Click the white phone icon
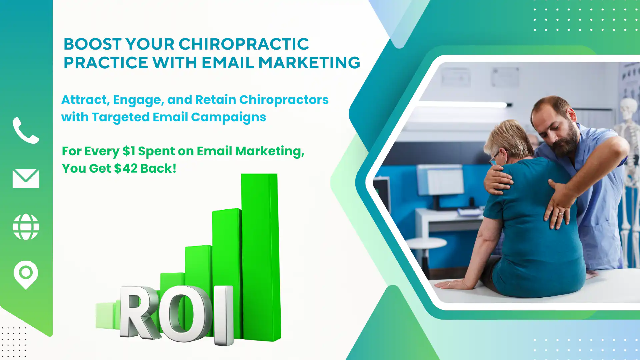[x=26, y=130]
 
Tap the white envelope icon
[x=26, y=179]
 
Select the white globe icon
[x=26, y=227]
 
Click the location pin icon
[x=26, y=274]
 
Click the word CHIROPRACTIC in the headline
[x=244, y=44]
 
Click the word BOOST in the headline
[x=92, y=44]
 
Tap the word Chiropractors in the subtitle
[x=284, y=100]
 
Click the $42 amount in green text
[x=126, y=168]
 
